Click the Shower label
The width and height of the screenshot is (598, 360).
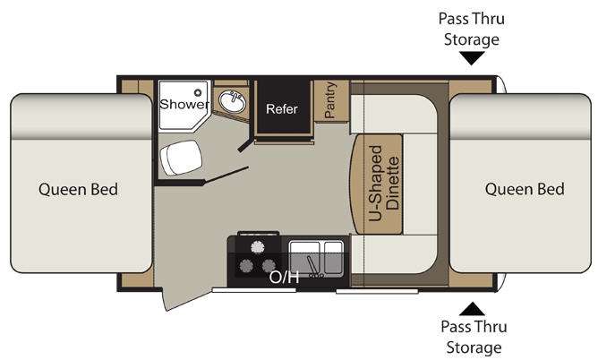[184, 104]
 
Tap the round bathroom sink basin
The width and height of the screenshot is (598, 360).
[232, 102]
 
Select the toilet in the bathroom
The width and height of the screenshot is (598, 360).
[181, 158]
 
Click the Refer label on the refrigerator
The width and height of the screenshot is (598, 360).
[282, 109]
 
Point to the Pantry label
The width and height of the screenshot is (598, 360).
[330, 100]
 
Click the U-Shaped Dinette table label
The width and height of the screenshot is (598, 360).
[384, 183]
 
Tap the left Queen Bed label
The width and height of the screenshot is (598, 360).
[78, 189]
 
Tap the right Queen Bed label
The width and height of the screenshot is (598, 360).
[525, 189]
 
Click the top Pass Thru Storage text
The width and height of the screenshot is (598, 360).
[472, 29]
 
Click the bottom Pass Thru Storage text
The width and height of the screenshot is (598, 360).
[474, 337]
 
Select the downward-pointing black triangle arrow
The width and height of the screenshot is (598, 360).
[472, 58]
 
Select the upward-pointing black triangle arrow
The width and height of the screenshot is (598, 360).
[472, 309]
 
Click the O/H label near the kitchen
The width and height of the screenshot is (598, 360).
[284, 278]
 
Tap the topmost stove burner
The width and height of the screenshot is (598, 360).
[258, 247]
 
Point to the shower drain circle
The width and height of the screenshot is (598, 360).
[198, 92]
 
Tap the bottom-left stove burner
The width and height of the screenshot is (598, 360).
[246, 265]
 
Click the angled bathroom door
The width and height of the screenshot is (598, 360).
[226, 175]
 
